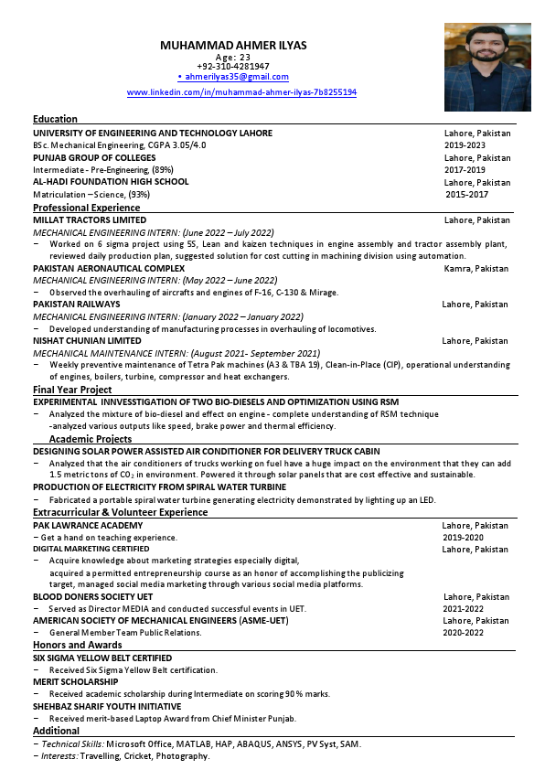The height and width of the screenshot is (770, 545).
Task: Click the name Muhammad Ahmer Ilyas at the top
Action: [233, 45]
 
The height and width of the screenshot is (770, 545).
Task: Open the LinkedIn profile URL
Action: [241, 92]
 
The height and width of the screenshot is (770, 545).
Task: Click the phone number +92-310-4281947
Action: [233, 66]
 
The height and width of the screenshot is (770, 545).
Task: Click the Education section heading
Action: [55, 119]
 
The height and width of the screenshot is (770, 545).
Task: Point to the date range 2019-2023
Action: [465, 145]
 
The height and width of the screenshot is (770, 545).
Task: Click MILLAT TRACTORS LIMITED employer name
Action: [90, 220]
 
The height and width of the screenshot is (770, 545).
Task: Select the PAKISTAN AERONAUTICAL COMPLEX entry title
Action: [109, 268]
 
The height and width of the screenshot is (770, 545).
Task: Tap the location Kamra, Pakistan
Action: [476, 268]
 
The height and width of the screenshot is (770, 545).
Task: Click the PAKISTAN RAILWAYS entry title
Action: [76, 304]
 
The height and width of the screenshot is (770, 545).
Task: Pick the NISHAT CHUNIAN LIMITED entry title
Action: [87, 340]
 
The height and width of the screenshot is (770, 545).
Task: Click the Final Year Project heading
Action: [72, 390]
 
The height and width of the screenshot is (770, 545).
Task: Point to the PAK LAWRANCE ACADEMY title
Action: [88, 525]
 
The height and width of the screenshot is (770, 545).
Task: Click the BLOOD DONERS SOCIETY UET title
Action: [86, 596]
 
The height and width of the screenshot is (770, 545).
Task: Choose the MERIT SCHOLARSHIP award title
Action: [75, 681]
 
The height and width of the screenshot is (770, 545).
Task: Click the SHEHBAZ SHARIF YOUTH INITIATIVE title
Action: [107, 706]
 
